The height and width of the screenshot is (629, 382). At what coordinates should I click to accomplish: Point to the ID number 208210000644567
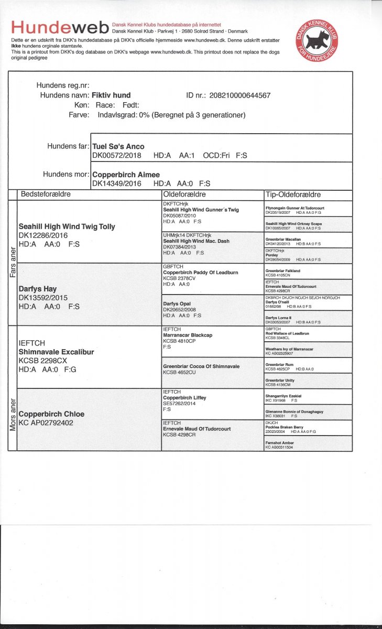coord(240,95)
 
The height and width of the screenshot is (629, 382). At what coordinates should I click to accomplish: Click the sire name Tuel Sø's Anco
coord(118,146)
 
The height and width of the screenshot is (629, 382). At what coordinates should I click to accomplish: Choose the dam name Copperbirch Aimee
coord(126,175)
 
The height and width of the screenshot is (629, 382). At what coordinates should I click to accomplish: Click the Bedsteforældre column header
coord(46,194)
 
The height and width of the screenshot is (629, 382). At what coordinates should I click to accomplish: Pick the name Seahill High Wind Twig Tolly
coord(67,227)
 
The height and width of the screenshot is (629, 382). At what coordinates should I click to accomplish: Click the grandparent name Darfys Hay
coord(38,289)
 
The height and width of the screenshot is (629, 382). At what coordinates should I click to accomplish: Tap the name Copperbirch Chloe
coord(51,414)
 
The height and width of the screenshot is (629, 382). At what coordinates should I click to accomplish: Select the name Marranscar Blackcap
coord(188,335)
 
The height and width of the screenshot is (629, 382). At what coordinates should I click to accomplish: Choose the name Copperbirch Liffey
coord(184,398)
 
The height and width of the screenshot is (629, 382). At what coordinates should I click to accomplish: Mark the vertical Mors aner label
coord(13,416)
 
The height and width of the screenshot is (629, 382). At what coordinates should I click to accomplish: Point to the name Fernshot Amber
coord(279,443)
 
